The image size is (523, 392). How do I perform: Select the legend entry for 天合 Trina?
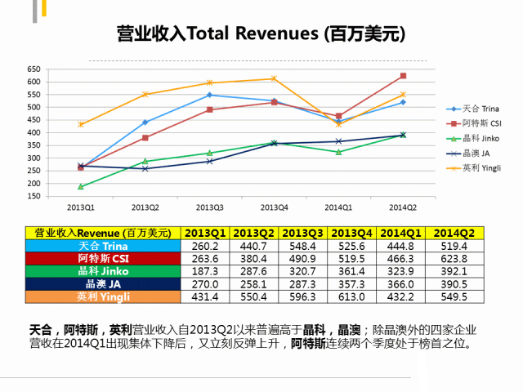pos(481,109)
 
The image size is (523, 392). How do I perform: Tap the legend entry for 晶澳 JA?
pos(476,153)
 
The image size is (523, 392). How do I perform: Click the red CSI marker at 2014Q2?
pos(403,76)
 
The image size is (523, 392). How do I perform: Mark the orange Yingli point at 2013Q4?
pos(274,78)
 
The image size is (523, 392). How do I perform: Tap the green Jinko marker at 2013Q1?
pos(80,187)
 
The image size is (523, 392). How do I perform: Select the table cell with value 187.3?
pos(205,271)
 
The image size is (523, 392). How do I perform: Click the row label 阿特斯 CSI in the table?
pos(102,258)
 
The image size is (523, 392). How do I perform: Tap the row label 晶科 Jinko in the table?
pos(102,271)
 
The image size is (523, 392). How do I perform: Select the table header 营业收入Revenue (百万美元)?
pos(102,232)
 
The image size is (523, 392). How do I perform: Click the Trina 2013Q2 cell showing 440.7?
pos(255,245)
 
